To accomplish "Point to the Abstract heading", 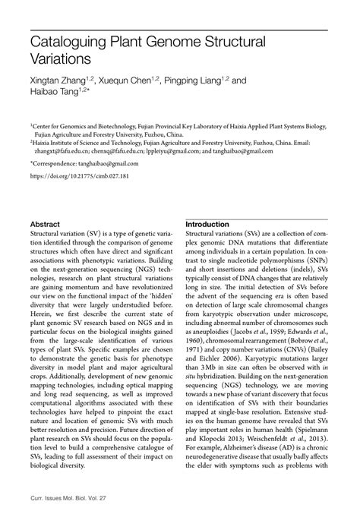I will (x=45, y=225).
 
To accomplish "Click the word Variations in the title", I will (x=61, y=58).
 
